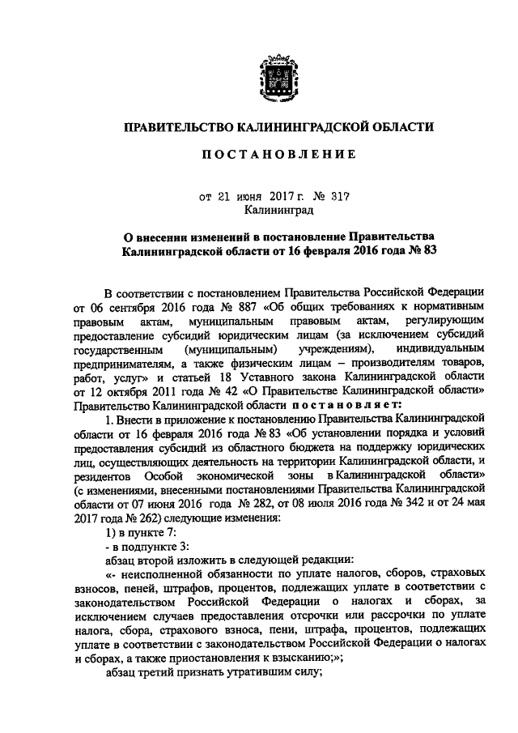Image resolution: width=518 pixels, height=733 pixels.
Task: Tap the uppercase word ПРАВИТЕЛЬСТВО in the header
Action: (x=176, y=126)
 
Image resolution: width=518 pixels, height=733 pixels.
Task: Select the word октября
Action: (x=141, y=391)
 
